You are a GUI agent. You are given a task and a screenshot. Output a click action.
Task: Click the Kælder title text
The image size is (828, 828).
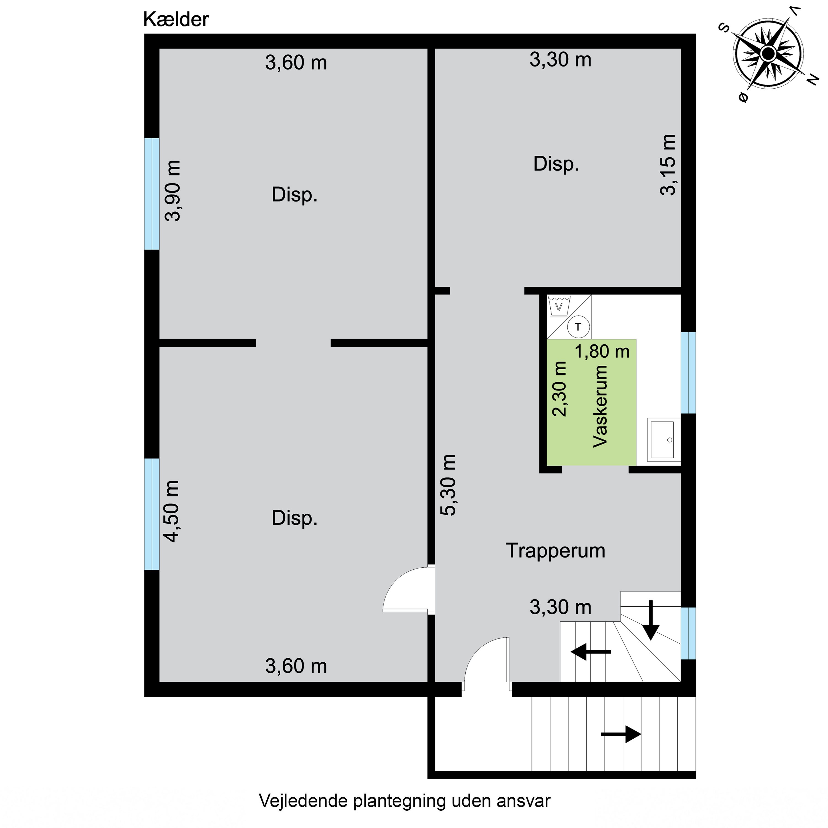[176, 20]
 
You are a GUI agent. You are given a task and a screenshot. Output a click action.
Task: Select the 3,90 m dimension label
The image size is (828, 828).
[173, 190]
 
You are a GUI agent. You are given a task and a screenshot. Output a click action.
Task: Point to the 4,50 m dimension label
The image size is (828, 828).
[172, 511]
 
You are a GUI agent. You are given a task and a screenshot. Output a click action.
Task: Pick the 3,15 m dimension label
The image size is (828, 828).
[668, 165]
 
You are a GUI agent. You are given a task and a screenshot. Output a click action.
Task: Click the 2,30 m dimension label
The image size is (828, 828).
[560, 389]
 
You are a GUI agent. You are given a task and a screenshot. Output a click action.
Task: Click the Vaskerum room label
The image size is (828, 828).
[600, 406]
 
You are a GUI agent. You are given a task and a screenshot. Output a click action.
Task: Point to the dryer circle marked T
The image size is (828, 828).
[578, 327]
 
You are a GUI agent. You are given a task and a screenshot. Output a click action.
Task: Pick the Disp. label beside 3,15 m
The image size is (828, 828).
[556, 164]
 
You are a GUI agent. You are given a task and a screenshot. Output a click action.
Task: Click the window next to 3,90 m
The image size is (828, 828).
[152, 194]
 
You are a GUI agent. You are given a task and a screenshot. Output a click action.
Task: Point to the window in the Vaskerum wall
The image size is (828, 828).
[688, 373]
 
